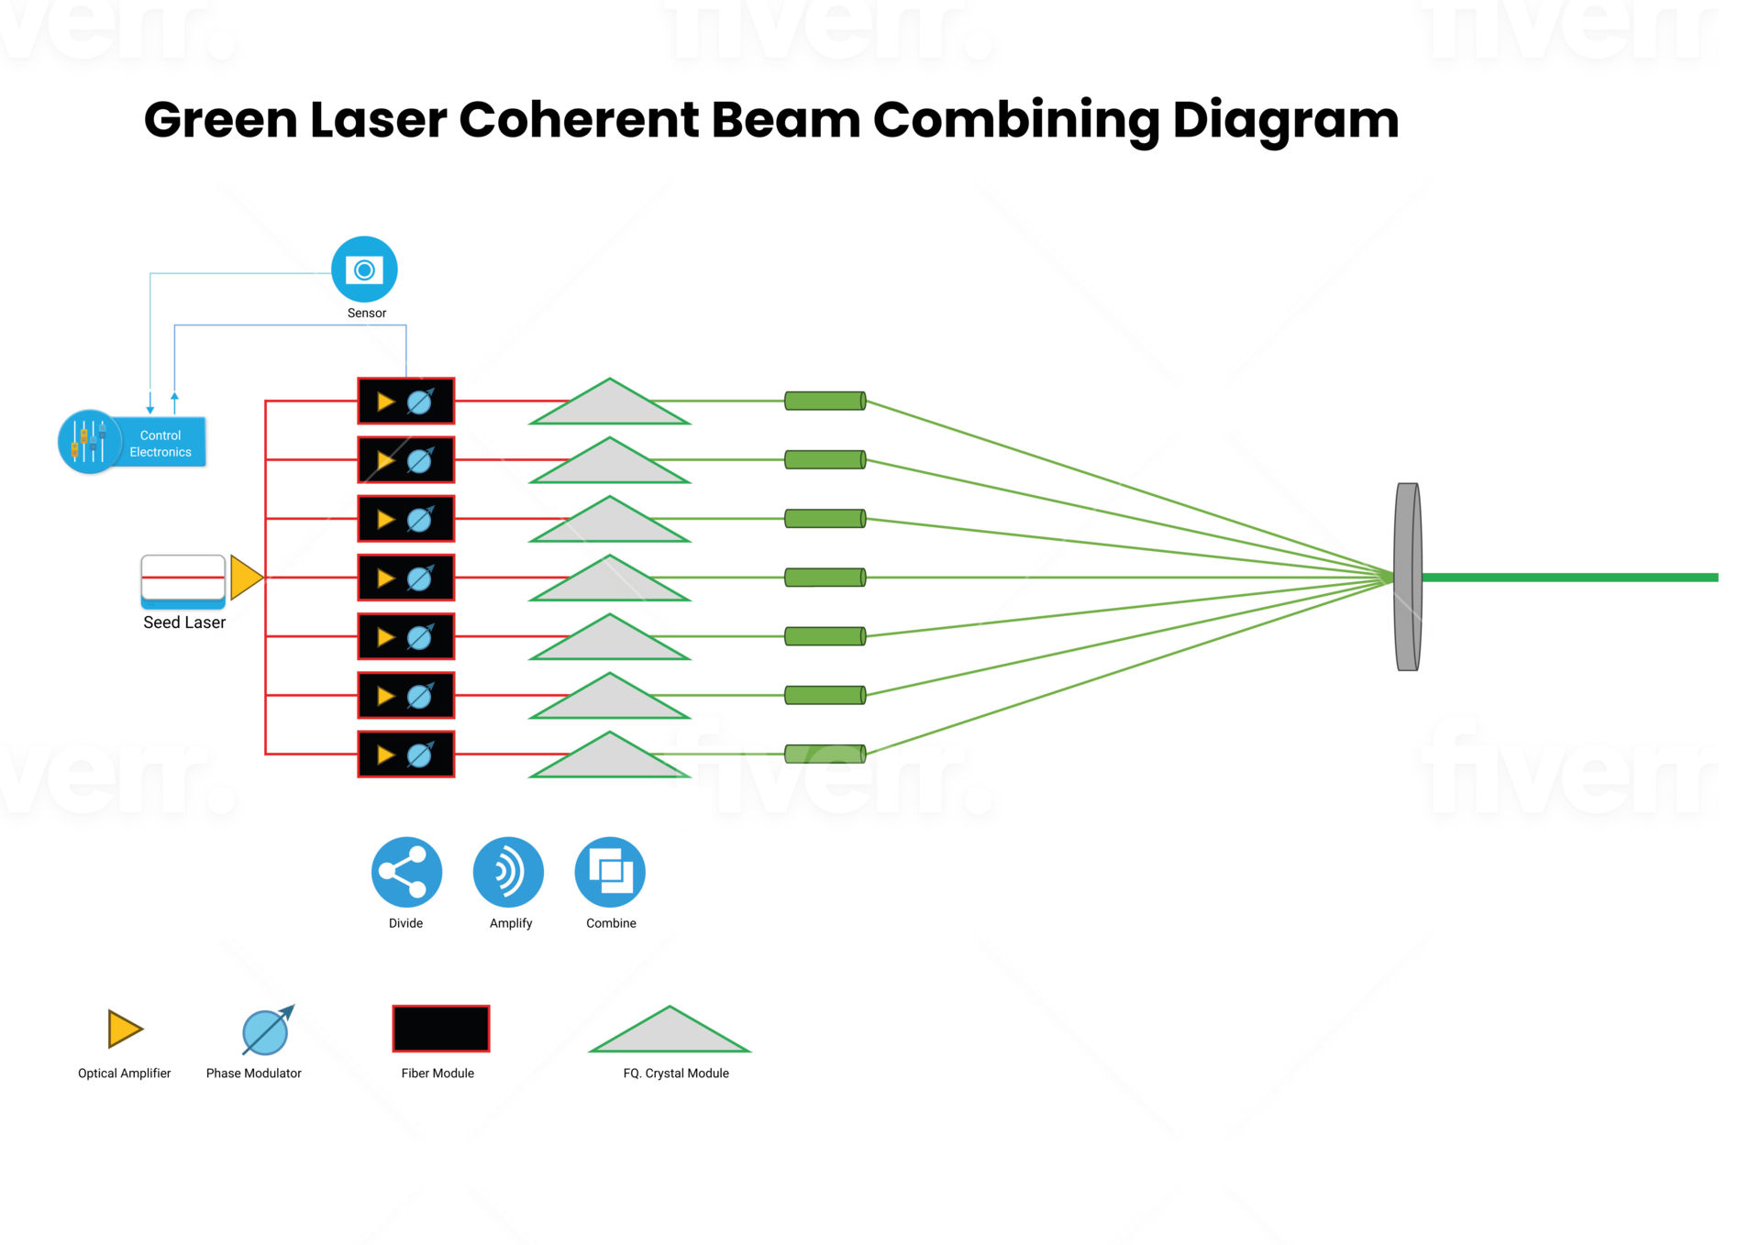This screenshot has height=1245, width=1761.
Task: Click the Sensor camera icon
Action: pos(364,270)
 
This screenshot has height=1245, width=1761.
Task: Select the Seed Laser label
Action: pos(183,622)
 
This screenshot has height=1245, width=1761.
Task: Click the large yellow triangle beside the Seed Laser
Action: pos(245,578)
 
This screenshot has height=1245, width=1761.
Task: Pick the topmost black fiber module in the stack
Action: pos(405,402)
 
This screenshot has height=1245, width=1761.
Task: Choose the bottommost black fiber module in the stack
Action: pos(405,755)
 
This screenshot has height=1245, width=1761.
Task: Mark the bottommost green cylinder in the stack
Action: pos(825,755)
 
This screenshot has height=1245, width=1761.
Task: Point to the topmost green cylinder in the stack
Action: pos(825,402)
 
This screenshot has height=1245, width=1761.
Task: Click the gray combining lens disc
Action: pos(1408,578)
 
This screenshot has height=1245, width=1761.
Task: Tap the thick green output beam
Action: pos(1568,578)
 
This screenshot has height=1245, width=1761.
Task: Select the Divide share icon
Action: pos(406,872)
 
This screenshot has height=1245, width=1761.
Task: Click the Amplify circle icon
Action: pos(508,872)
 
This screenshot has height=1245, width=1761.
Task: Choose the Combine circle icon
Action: pos(610,872)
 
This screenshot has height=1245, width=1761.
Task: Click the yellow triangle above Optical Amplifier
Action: pos(124,1029)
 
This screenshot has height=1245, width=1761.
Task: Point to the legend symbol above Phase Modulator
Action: pos(266,1030)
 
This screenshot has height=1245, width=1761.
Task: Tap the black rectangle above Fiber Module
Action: pos(441,1029)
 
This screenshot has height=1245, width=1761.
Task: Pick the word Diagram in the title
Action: pos(1285,120)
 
